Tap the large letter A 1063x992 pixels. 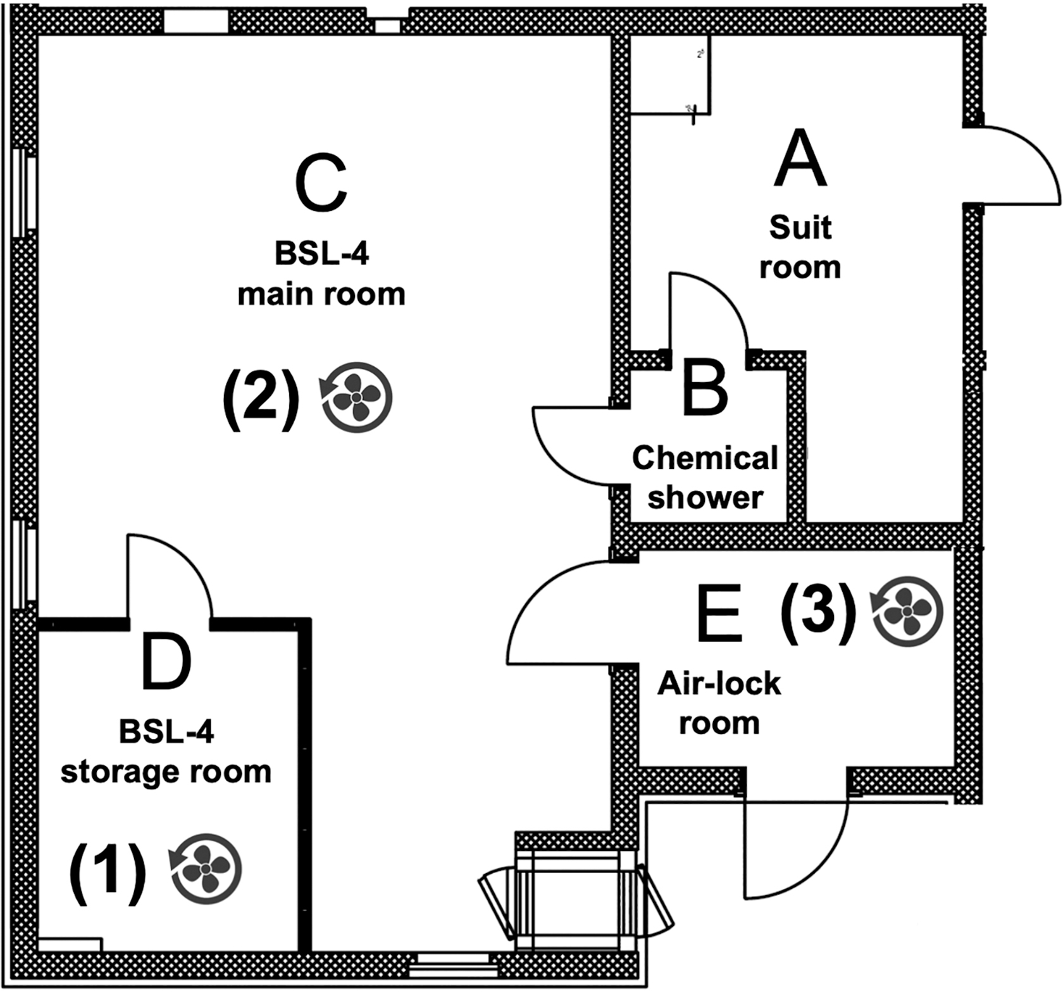pyautogui.click(x=800, y=158)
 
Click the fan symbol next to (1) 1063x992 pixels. pyautogui.click(x=206, y=868)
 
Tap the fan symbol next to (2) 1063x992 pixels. pyautogui.click(x=356, y=397)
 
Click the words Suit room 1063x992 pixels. pyautogui.click(x=800, y=247)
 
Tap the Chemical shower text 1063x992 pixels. pyautogui.click(x=705, y=478)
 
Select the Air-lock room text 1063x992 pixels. pyautogui.click(x=719, y=703)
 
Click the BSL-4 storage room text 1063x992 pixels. pyautogui.click(x=166, y=752)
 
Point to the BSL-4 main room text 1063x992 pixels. pyautogui.click(x=321, y=274)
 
